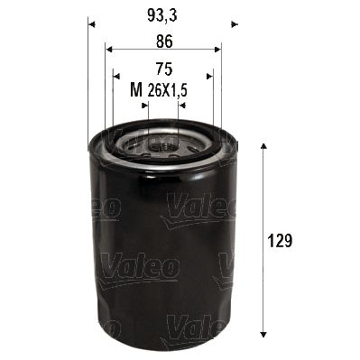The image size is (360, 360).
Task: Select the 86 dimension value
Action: [x=162, y=40]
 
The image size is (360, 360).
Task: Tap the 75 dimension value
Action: [x=162, y=68]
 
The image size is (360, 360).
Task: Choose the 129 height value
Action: [x=283, y=242]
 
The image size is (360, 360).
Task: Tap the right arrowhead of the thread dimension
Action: [x=180, y=104]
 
